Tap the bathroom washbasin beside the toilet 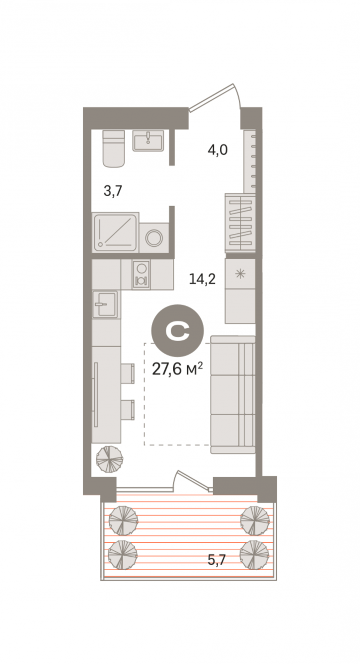pos(148,141)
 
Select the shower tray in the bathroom pos(116,232)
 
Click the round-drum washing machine pos(154,237)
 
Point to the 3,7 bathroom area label pos(113,191)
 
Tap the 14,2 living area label pos(203,279)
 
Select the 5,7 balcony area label pos(216,560)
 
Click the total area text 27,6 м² pos(177,369)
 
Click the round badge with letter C pos(178,331)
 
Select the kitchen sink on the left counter pos(105,304)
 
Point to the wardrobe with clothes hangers pos(240,223)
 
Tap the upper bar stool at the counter pos(128,373)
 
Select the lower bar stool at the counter pos(128,410)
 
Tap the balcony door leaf pos(193,478)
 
